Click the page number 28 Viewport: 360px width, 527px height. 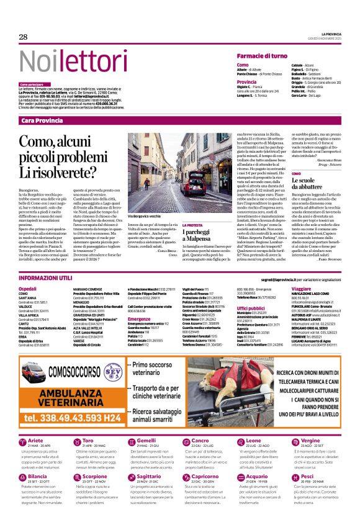tap(24, 37)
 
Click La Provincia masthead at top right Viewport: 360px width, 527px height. tap(335, 34)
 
